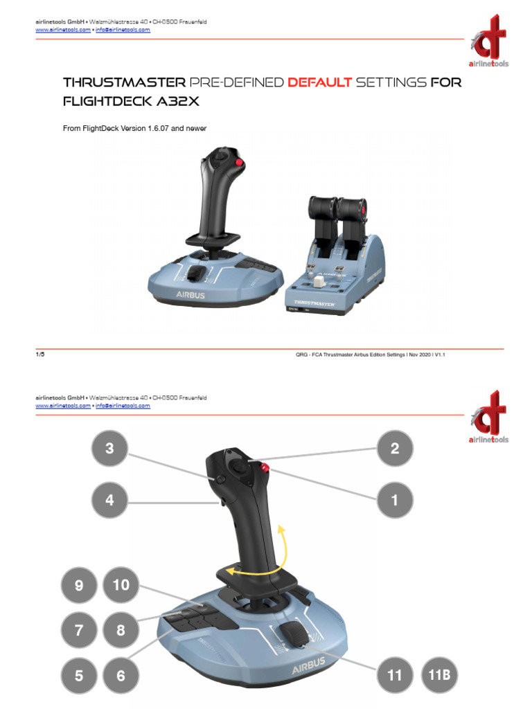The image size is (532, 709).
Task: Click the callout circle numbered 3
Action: (109, 449)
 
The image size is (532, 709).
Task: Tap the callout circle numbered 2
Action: (395, 449)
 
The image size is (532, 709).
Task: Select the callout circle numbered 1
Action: (395, 500)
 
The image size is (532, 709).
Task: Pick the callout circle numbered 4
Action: (109, 500)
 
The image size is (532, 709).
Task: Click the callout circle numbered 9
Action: (79, 586)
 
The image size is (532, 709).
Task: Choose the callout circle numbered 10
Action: (121, 586)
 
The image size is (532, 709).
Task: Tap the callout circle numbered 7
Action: (79, 631)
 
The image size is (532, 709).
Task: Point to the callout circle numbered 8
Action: (121, 631)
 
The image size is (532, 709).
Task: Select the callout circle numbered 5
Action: (79, 676)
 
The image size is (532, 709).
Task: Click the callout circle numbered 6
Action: (121, 676)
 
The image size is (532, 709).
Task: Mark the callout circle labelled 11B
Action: (438, 676)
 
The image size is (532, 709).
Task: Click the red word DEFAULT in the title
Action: (320, 83)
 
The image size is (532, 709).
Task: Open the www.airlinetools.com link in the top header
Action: (62, 30)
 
